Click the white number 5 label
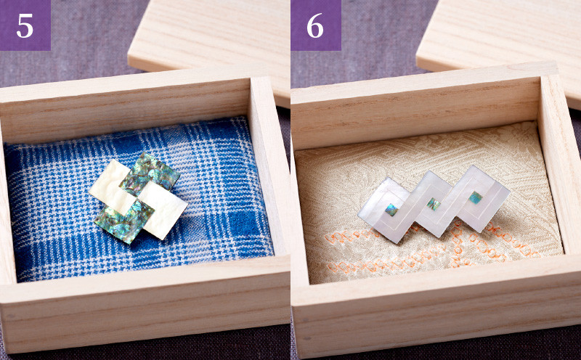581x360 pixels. [25, 26]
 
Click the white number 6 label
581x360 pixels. [315, 26]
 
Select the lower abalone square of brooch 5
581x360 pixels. [124, 221]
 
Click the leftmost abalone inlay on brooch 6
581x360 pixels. [391, 210]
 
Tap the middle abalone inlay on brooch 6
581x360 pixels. [433, 204]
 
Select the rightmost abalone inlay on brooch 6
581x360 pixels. [476, 197]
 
